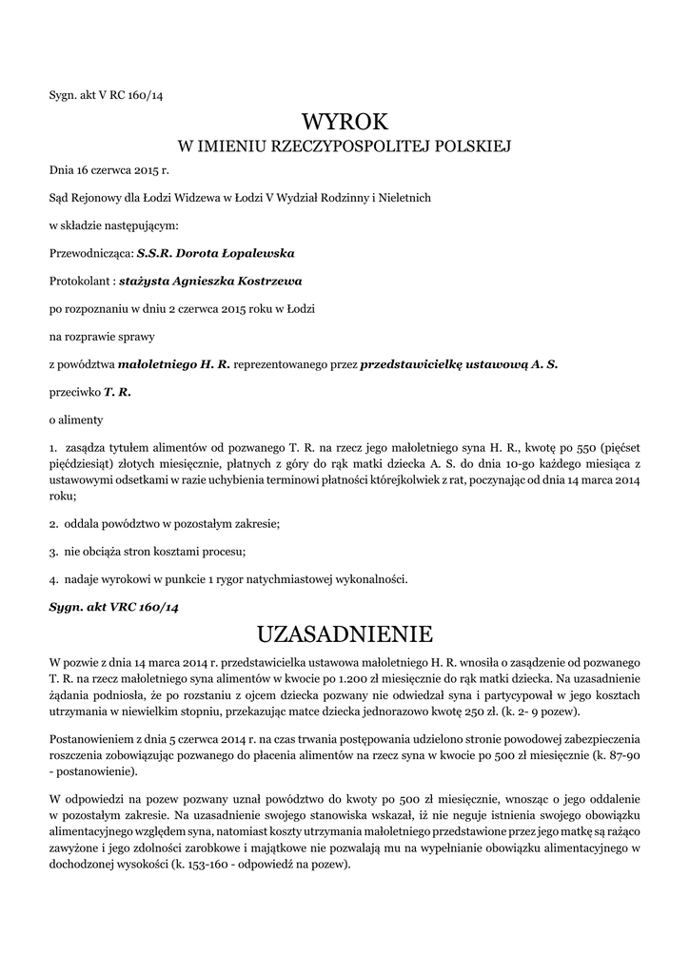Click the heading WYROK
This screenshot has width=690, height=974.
pos(345,122)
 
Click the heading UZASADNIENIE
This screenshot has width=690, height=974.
pos(345,633)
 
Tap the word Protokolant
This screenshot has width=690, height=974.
pos(81,282)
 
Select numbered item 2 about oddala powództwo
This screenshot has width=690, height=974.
pos(165,524)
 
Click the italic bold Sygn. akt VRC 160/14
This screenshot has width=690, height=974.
pos(114,606)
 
